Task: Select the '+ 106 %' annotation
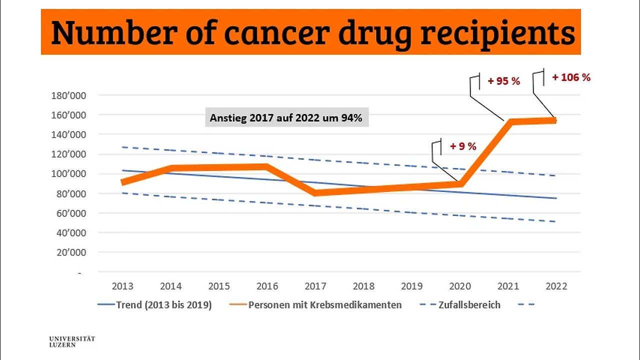(x=571, y=77)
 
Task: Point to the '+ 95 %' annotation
(x=504, y=81)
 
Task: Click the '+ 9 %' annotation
(x=463, y=146)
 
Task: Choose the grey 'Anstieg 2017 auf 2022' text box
(x=286, y=118)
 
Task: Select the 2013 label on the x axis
(x=122, y=286)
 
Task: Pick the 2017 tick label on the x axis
(x=315, y=286)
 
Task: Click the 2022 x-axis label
(x=556, y=286)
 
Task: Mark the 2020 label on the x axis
(x=460, y=286)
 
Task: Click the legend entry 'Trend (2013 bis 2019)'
(x=164, y=305)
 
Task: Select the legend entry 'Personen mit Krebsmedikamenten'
(x=325, y=305)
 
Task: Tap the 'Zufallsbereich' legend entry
(x=468, y=305)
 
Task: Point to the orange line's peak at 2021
(x=508, y=121)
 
